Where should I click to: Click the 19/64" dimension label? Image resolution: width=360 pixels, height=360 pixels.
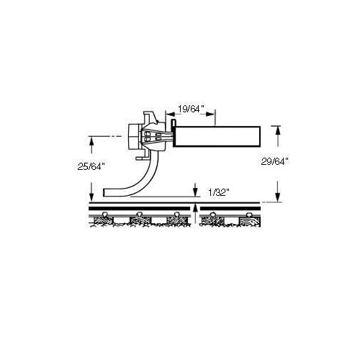191,109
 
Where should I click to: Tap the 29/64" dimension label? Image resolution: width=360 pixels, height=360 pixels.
274,162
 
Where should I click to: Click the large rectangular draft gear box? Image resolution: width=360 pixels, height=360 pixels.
217,136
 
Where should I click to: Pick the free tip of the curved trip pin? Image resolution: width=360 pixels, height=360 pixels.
104,192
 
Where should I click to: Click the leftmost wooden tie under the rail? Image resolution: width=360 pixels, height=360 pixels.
102,220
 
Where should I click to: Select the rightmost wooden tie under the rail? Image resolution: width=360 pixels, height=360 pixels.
250,220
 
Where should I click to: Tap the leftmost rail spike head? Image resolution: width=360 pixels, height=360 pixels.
104,214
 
